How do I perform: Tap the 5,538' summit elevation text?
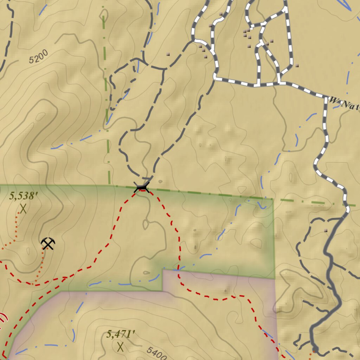tap(24, 196)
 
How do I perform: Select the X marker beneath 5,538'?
tap(23, 209)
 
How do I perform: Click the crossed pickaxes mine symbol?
tap(48, 243)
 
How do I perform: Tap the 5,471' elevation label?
tap(121, 334)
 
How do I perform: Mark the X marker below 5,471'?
tap(121, 347)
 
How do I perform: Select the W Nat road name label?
tap(345, 104)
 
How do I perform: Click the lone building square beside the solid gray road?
tap(326, 231)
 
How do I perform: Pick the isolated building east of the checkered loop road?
tap(297, 65)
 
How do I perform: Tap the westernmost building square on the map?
tap(168, 54)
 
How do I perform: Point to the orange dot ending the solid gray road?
tap(315, 349)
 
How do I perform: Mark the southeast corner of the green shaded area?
tap(274, 278)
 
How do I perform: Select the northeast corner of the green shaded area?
tap(273, 199)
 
